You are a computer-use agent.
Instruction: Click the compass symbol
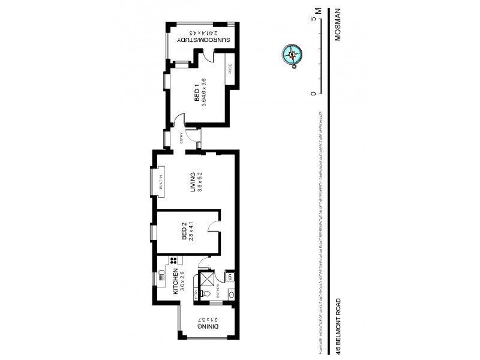292,55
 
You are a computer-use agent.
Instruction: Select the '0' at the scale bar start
313,93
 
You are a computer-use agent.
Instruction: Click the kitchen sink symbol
161,278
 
